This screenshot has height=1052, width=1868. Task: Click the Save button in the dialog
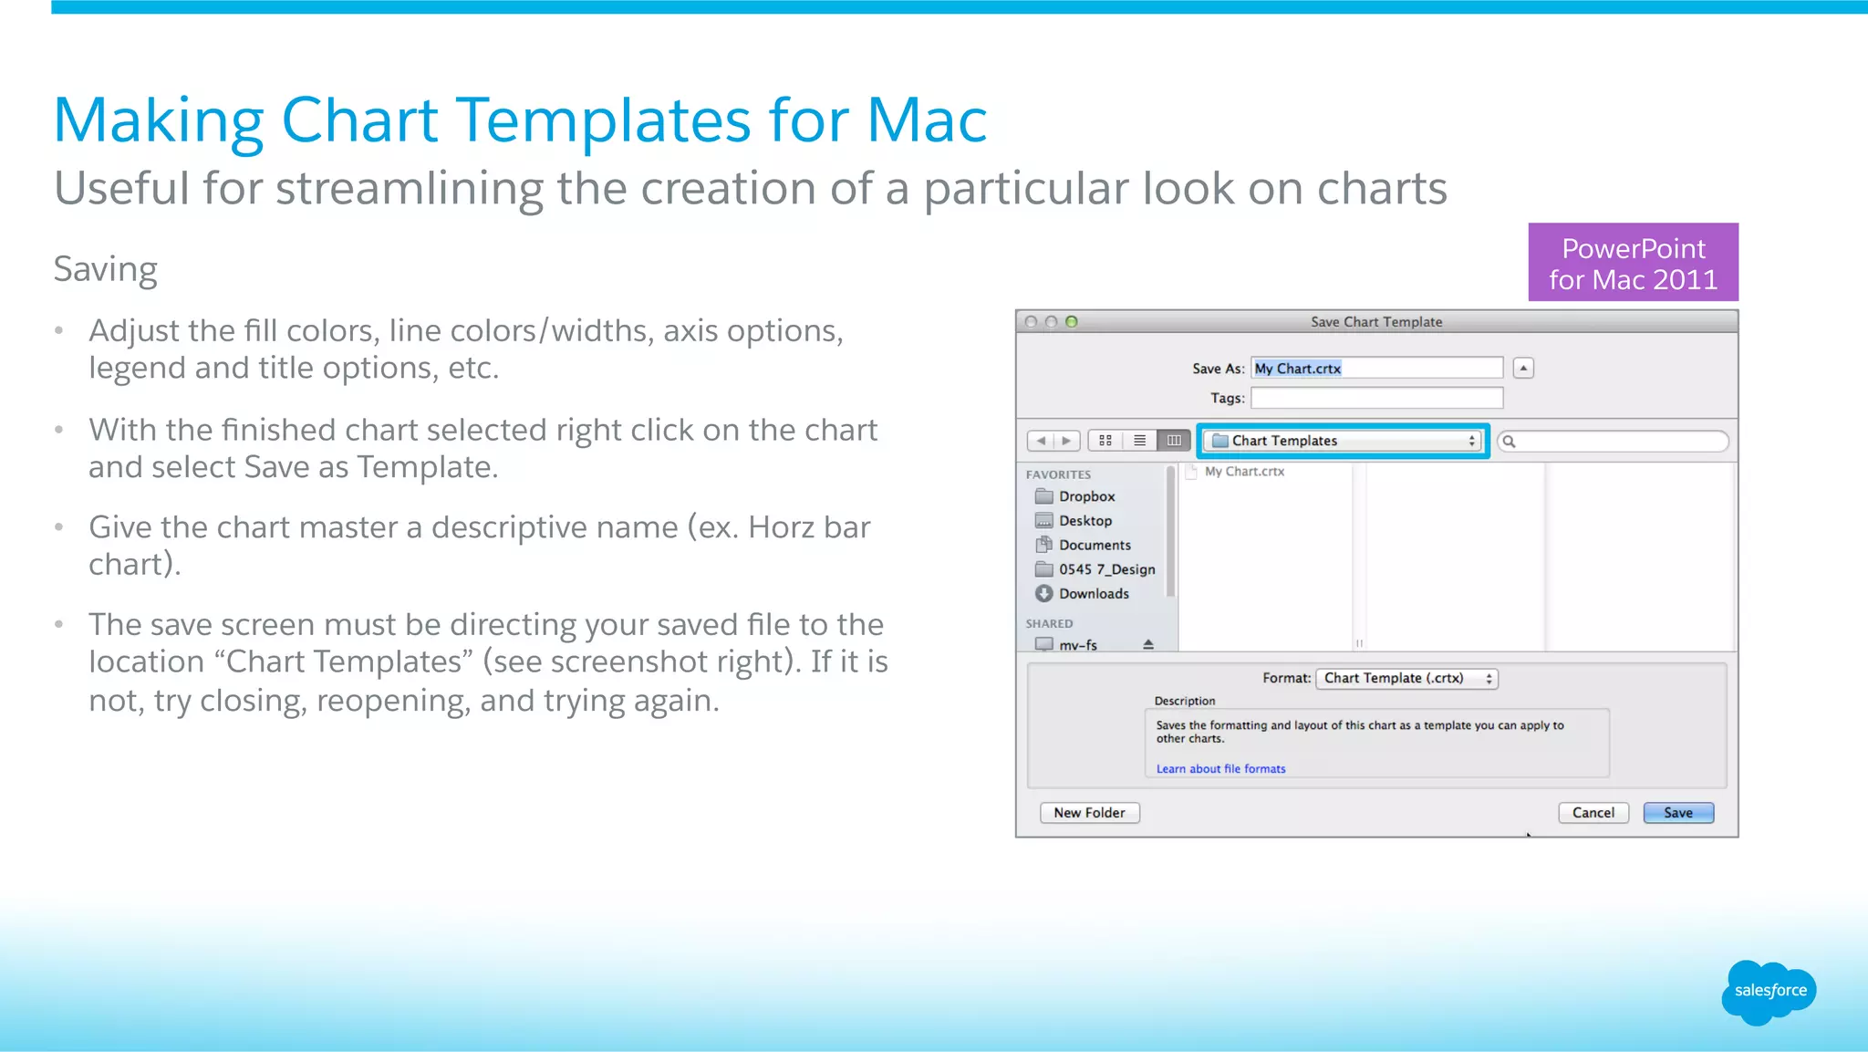[1678, 813]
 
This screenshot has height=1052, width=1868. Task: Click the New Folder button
[1090, 813]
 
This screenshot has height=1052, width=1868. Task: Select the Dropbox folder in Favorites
[1086, 496]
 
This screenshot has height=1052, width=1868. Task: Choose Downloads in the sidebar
[1093, 594]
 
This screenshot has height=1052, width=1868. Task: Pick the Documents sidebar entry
[1094, 546]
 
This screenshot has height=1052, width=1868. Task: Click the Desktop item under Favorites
[1084, 521]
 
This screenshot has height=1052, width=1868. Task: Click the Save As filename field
[1376, 369]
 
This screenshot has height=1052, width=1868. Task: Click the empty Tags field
[1376, 398]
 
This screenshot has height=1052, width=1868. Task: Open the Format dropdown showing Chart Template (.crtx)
[1406, 679]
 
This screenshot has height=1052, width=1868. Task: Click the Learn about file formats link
[1220, 769]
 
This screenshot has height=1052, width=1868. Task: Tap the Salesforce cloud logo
[1769, 992]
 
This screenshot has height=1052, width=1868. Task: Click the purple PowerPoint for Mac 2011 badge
[1633, 263]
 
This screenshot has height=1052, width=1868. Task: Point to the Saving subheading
[106, 270]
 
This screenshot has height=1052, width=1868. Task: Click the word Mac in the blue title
[927, 120]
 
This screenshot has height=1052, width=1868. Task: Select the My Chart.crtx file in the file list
[1243, 472]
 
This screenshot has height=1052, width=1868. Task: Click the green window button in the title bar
[1072, 322]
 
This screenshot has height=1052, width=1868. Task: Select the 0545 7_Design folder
[1105, 569]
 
